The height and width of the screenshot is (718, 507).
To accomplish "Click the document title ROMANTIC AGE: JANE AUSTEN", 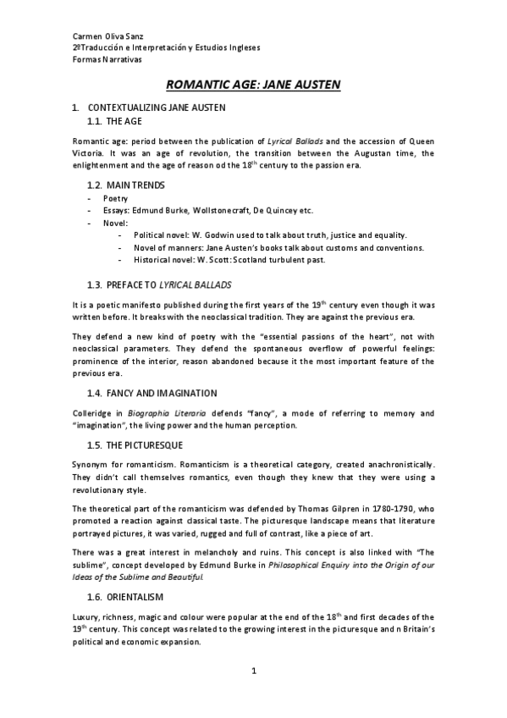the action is click(252, 85).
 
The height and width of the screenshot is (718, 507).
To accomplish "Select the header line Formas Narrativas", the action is click(107, 60).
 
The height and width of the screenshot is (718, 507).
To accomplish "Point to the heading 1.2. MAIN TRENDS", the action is click(126, 185).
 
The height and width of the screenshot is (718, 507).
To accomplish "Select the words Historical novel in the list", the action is click(163, 259).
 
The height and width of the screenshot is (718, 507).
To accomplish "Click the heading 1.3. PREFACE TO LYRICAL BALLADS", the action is click(159, 284).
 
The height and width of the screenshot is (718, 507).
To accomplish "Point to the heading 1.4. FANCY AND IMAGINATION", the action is click(152, 394).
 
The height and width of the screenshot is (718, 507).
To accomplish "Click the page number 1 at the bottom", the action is click(253, 671).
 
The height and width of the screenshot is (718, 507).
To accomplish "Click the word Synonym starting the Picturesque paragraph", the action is click(91, 464).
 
